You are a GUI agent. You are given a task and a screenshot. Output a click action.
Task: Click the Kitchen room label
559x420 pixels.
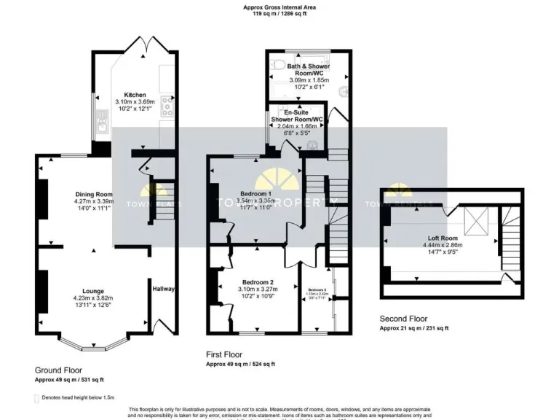(x=135, y=95)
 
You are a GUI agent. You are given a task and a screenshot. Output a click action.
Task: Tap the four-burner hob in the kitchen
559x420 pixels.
(x=167, y=106)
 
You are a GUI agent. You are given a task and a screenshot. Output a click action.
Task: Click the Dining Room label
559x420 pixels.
(x=94, y=194)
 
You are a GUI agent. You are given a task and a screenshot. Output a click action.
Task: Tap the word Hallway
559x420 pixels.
(x=163, y=289)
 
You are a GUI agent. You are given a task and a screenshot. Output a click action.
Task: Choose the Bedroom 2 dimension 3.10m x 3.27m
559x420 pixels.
(x=258, y=289)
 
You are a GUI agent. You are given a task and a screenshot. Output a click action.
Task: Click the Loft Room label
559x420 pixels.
(x=442, y=238)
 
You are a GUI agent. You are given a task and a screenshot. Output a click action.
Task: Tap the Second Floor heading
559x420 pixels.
(x=404, y=319)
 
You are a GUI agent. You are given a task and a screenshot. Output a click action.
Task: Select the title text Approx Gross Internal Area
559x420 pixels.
(x=279, y=7)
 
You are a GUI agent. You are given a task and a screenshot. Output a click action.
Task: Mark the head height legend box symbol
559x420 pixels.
(x=37, y=398)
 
